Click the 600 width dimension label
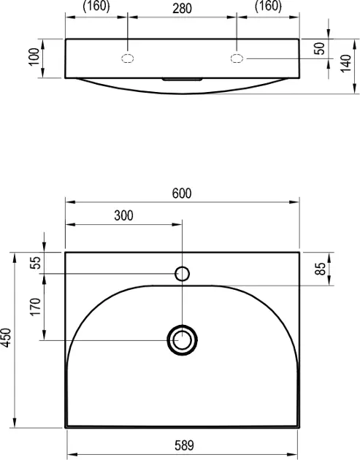click(x=182, y=193)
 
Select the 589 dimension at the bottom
click(x=184, y=445)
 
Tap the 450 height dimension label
click(x=6, y=337)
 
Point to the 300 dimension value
click(x=123, y=215)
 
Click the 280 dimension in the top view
click(x=183, y=9)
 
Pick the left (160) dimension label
click(x=96, y=7)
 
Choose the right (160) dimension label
click(x=268, y=7)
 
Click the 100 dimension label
click(x=34, y=57)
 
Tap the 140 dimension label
click(x=345, y=63)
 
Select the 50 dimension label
click(x=320, y=48)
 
